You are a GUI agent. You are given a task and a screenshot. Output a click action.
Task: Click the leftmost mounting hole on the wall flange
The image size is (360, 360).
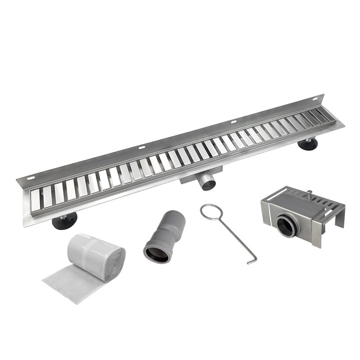pyautogui.click(x=31, y=178)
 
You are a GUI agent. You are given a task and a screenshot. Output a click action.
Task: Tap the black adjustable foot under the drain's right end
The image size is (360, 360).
pyautogui.click(x=307, y=144)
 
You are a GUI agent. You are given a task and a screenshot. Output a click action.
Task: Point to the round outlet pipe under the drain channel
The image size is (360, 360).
pyautogui.click(x=207, y=181)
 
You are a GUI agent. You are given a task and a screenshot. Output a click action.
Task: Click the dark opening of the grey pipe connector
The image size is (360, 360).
pyautogui.click(x=156, y=253)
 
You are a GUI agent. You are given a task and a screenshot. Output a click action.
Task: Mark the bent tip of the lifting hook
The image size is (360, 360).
pyautogui.click(x=253, y=260)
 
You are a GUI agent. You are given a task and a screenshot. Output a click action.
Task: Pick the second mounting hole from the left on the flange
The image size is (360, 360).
pyautogui.click(x=142, y=147)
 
